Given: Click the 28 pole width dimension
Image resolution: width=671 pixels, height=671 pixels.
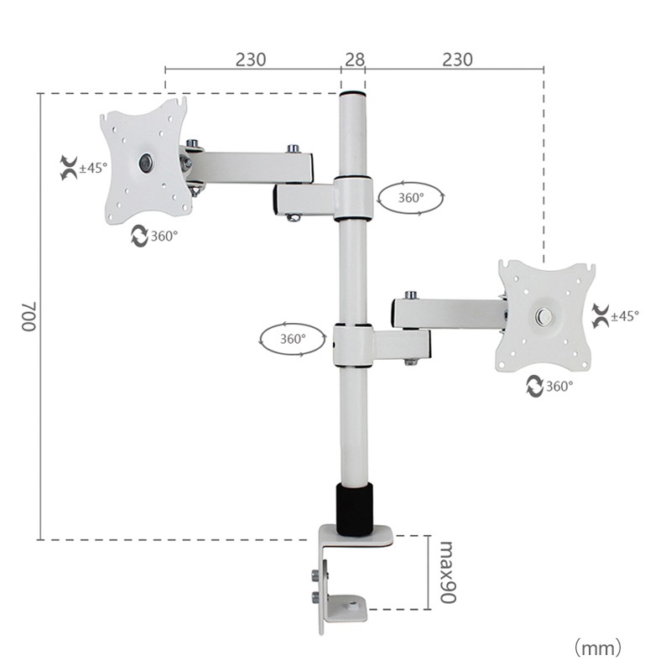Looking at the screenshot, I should (354, 60).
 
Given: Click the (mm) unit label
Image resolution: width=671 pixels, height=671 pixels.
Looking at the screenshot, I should (597, 647).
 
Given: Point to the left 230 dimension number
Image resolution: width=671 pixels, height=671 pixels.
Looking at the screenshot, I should (251, 60).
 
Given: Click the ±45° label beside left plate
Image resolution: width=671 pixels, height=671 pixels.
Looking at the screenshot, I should (93, 168).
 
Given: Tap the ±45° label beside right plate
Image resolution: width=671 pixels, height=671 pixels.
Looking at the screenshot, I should (625, 316).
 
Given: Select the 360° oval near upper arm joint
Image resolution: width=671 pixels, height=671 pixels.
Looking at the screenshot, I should (411, 198).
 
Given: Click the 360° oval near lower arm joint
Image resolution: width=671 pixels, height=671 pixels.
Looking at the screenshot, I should (292, 340).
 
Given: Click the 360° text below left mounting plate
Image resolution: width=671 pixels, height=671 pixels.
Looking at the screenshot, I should (164, 237).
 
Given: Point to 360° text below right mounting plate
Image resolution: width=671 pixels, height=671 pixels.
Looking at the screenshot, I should (559, 386).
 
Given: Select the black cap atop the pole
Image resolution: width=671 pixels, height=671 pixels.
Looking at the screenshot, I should (352, 93).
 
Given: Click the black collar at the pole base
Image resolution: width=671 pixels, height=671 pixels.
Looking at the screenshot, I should (354, 508).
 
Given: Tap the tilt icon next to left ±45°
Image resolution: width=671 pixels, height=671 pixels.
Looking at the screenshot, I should (67, 167).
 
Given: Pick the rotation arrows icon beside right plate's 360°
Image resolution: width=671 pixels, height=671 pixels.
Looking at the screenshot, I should (534, 386).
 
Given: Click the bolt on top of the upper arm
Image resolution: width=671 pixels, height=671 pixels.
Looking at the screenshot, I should (293, 148).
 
